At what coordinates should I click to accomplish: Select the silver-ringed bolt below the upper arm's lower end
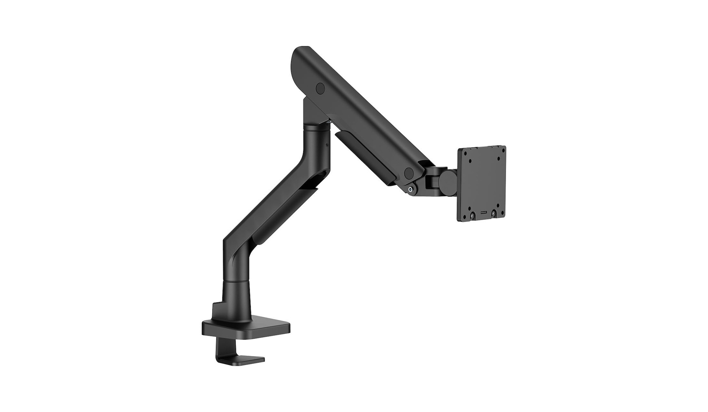[x=411, y=189]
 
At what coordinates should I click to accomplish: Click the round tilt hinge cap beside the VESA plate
[x=447, y=178]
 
